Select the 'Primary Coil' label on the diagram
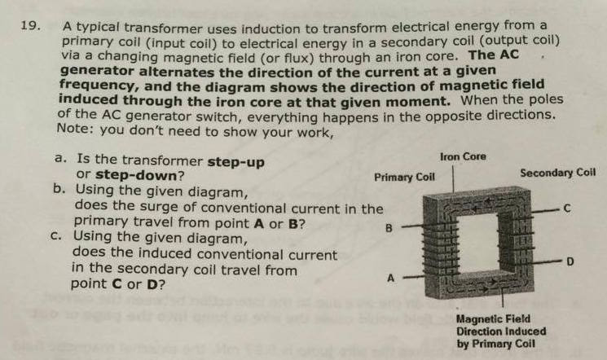(x=404, y=176)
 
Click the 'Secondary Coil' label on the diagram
(x=557, y=173)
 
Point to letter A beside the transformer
(x=389, y=278)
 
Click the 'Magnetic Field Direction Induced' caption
(x=494, y=326)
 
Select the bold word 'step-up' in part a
(x=236, y=161)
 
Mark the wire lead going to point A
(x=411, y=277)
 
